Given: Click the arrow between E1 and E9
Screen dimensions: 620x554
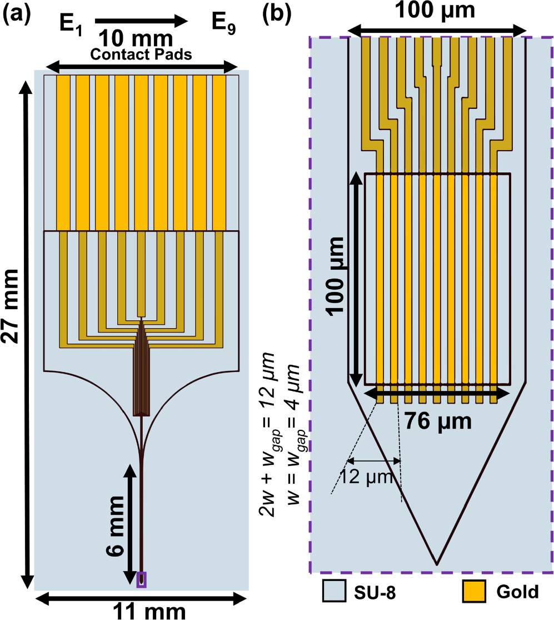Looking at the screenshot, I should (142, 22).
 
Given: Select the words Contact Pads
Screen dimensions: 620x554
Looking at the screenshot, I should (142, 54).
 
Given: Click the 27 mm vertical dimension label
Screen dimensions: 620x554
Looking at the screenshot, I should (12, 328).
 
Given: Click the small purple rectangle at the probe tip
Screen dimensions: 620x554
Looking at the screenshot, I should (142, 579).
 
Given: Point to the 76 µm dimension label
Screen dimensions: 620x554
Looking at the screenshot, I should (439, 420).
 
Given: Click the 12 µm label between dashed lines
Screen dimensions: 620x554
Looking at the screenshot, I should (373, 478).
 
